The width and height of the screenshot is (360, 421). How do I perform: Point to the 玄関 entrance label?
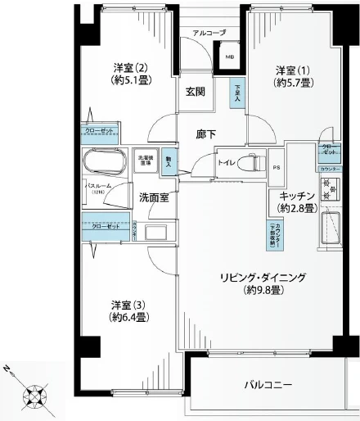click(x=195, y=92)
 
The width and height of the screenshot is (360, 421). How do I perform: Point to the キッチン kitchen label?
click(x=293, y=201)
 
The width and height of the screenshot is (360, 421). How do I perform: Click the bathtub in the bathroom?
click(x=103, y=163)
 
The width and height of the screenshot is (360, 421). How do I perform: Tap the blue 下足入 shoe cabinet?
click(x=237, y=92)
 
